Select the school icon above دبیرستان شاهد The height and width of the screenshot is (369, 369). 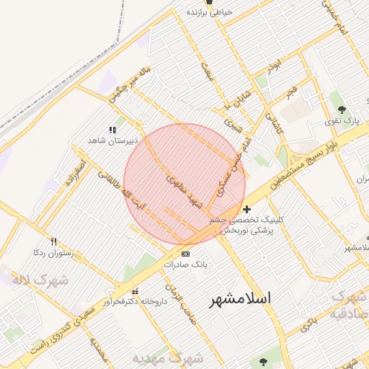[112, 129]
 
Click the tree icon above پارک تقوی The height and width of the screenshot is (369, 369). [342, 110]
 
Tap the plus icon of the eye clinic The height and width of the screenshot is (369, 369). [248, 208]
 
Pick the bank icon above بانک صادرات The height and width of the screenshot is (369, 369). [185, 254]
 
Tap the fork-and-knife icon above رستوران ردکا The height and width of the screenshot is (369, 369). [53, 242]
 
